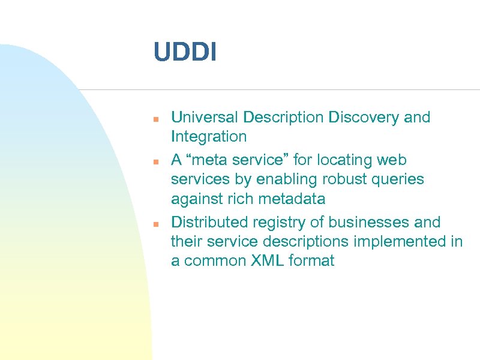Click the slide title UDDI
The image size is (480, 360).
click(x=185, y=52)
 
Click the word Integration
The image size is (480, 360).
click(x=209, y=137)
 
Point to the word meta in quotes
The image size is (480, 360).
click(x=205, y=160)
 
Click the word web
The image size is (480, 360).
click(x=393, y=160)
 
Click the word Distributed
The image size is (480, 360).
click(x=208, y=223)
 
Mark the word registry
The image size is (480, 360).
click(x=273, y=223)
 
